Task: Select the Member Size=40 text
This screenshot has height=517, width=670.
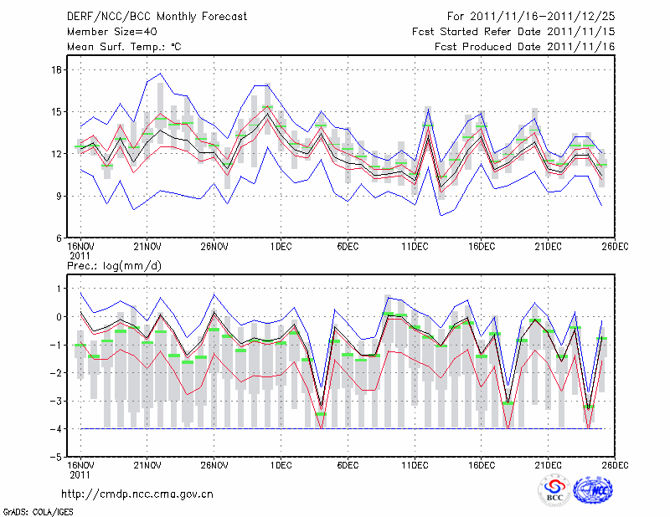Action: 106,31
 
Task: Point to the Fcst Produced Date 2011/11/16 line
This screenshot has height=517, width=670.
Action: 525,47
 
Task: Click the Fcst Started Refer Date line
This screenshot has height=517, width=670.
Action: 513,31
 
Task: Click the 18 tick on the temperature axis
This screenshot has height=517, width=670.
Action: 59,69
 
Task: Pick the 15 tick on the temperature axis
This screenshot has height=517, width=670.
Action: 59,111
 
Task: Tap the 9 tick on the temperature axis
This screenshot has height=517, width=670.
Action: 61,196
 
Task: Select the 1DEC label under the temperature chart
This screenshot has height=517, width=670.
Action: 281,248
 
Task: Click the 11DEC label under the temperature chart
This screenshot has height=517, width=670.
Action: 415,248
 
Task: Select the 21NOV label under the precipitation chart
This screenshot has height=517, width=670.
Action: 147,464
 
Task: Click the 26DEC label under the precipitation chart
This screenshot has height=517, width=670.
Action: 616,464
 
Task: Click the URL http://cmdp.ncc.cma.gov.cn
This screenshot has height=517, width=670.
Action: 137,494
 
